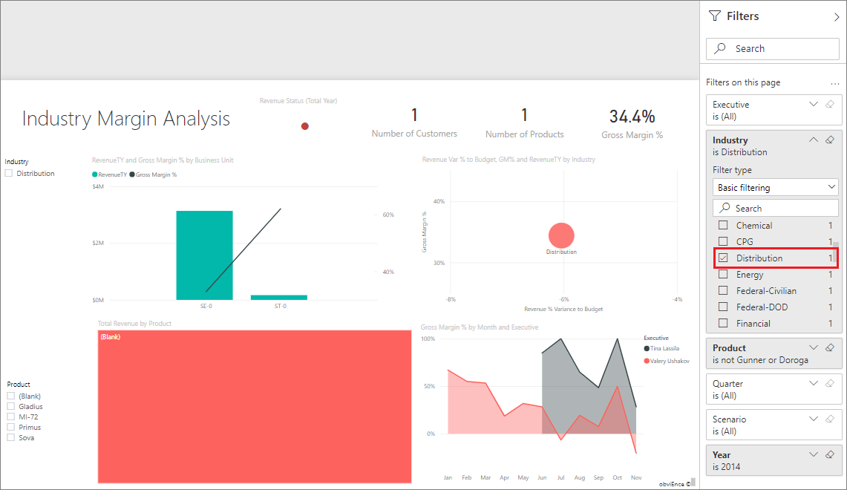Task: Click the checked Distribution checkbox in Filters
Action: [x=723, y=258]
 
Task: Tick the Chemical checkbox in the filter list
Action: [x=723, y=226]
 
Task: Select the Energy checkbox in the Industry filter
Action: [x=723, y=275]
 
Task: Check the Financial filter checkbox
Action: [x=723, y=324]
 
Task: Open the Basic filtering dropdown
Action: [x=775, y=188]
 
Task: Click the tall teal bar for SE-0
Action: [x=204, y=255]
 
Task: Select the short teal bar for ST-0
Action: [x=279, y=297]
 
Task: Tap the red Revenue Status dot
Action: [x=304, y=126]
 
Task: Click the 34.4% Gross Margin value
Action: [x=632, y=117]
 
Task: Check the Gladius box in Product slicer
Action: [x=11, y=407]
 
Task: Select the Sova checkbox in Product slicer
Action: [x=11, y=438]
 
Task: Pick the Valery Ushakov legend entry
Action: [x=669, y=361]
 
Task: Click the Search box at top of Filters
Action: [x=772, y=49]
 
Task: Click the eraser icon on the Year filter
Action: [x=830, y=454]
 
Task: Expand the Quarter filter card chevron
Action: [x=814, y=383]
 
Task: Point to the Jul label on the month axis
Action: [x=560, y=477]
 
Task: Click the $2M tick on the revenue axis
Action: [x=98, y=244]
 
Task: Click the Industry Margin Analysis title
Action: [x=126, y=119]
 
